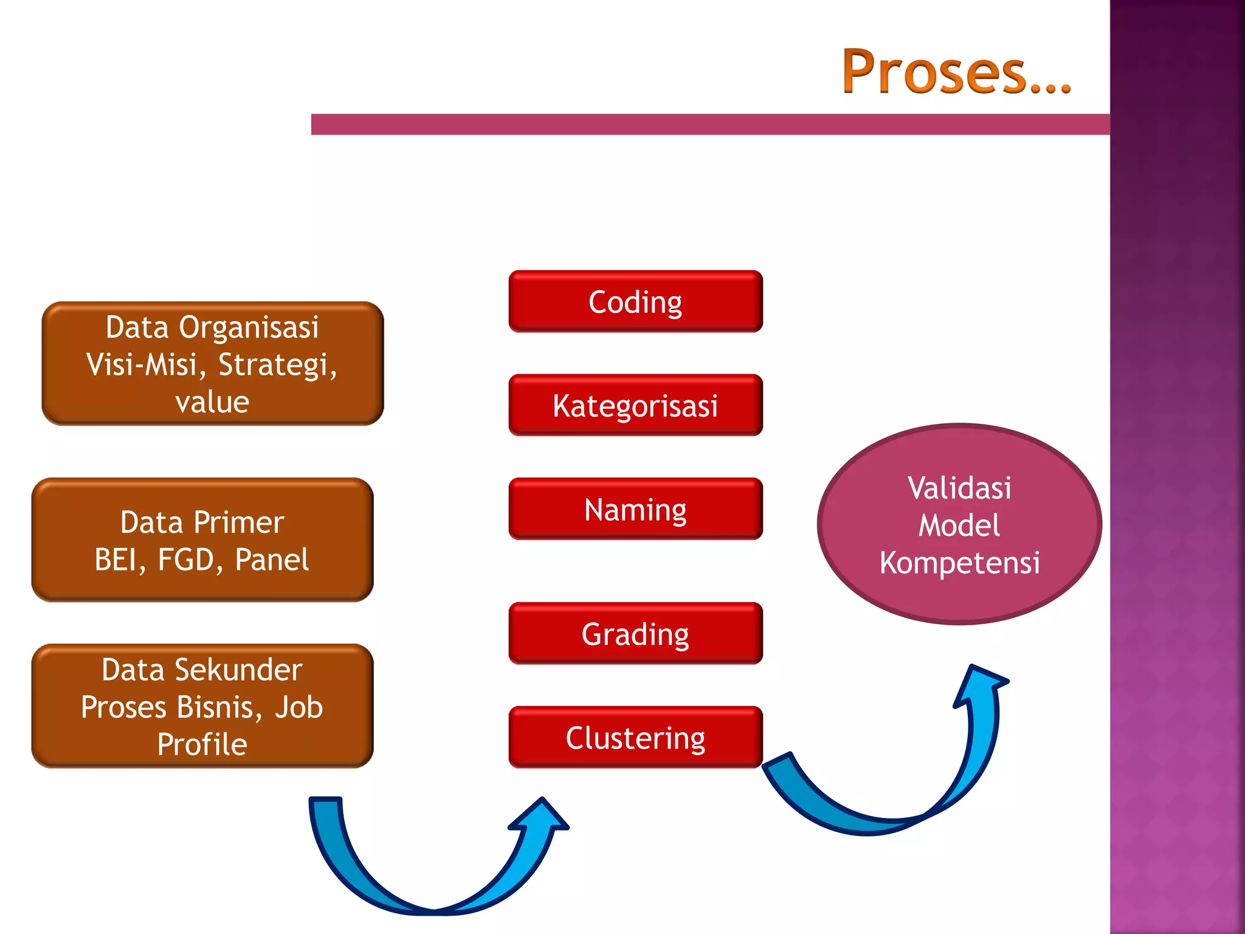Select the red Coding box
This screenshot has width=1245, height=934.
pos(635,302)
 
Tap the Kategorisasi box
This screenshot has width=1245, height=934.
pos(635,406)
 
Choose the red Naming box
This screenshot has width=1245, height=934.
pos(635,509)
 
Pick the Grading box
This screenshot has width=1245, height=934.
pos(635,634)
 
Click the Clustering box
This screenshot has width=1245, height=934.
pos(635,738)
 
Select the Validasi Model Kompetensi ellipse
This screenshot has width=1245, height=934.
pos(959,524)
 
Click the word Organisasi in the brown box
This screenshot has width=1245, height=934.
pos(248,327)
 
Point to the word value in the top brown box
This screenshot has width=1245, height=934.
pos(212,402)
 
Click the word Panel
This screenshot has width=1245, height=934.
pos(272,559)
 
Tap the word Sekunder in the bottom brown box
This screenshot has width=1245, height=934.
pos(238,670)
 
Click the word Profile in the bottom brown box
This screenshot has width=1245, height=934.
pos(202,744)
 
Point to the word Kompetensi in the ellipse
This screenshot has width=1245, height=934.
pos(959,562)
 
